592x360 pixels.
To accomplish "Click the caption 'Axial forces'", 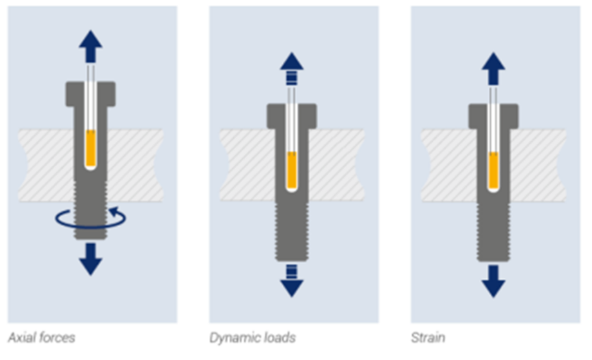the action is point(42,338).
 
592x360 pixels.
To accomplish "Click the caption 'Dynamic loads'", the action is point(252,338).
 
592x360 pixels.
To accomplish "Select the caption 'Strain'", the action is point(428,338).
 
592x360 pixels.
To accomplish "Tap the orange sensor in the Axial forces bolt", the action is point(90,148).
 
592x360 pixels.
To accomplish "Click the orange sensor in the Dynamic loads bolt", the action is point(292,171).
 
